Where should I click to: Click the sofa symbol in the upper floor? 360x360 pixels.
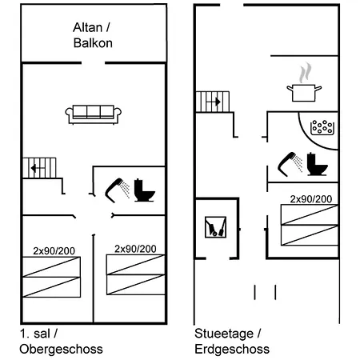[94, 114]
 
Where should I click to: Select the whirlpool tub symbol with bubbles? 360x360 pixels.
[322, 128]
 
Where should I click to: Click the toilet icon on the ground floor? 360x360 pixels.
[317, 164]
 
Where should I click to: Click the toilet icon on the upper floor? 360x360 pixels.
[144, 190]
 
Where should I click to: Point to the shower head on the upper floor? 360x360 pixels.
[117, 190]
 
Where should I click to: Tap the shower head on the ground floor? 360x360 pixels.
[290, 164]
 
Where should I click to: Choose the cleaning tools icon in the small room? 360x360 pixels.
[215, 227]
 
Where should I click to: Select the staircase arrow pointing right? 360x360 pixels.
[215, 102]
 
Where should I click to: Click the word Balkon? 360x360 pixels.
[93, 43]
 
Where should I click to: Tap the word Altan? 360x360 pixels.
[87, 27]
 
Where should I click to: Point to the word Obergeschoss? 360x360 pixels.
[61, 350]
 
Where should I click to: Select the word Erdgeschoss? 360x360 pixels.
[232, 350]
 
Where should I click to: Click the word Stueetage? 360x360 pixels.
[224, 334]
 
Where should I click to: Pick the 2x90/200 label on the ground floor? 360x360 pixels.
[311, 199]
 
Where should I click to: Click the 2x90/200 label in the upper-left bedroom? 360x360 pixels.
[54, 251]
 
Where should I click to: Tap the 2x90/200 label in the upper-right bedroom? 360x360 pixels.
[135, 249]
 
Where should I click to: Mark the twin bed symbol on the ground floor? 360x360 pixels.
[310, 225]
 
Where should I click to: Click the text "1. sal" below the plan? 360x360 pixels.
[35, 334]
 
